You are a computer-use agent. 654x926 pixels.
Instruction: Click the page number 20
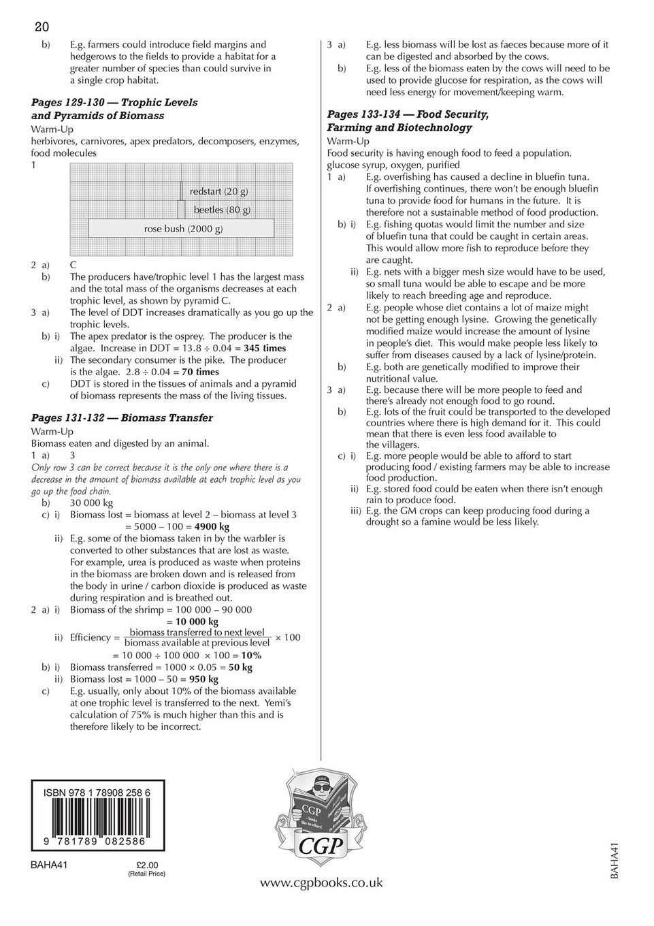42,27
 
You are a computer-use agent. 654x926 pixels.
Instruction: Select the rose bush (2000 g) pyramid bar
182,229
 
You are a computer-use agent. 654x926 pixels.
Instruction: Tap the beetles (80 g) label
222,210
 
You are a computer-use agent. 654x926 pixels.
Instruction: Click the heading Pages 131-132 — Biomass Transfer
122,418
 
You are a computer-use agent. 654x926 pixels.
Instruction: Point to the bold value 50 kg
240,668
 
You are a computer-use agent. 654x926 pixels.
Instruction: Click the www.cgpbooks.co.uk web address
321,883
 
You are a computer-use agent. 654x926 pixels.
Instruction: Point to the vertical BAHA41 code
615,861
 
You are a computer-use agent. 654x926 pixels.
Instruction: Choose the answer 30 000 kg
92,503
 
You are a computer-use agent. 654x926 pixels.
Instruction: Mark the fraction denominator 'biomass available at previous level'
197,643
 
